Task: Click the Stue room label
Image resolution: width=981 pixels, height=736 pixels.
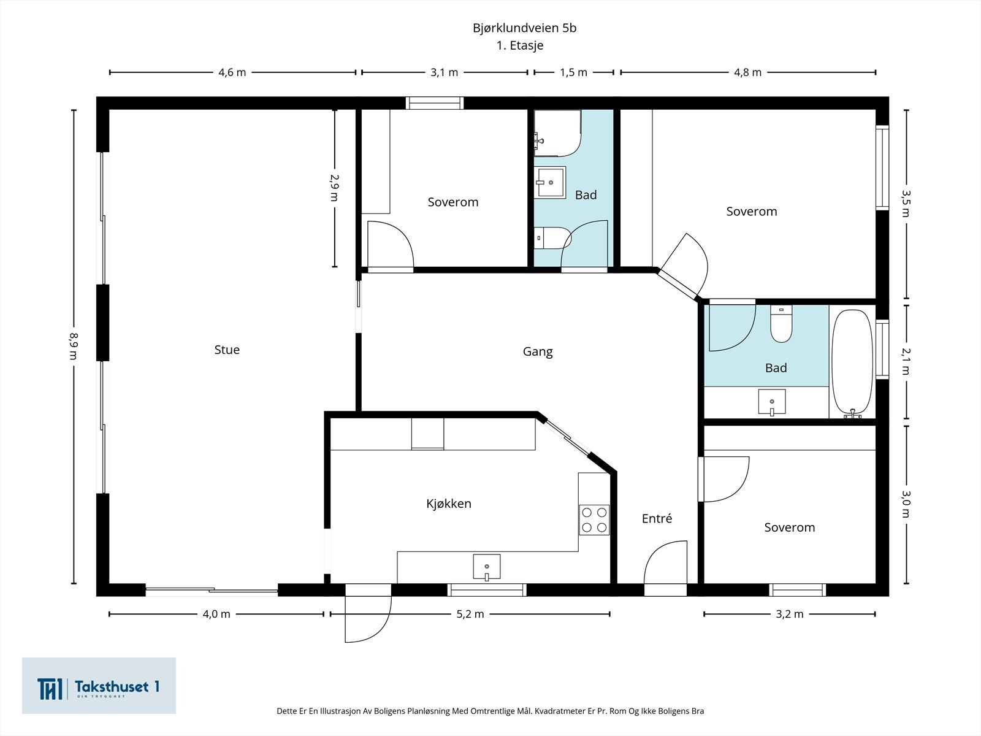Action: (227, 350)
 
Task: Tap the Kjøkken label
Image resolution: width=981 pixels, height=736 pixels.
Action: (449, 504)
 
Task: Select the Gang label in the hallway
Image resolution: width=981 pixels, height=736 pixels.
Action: (538, 352)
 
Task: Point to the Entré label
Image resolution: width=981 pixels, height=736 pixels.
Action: (657, 518)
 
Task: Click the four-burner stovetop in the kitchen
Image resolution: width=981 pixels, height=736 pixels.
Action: (594, 519)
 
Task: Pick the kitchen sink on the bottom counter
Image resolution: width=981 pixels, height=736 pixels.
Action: (487, 567)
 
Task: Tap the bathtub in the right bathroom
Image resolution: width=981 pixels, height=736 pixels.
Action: (852, 364)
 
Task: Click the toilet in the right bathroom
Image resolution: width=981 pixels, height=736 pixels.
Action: (781, 324)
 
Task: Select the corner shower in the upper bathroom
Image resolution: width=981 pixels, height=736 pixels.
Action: (558, 133)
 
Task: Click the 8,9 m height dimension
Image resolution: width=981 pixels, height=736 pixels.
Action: (73, 347)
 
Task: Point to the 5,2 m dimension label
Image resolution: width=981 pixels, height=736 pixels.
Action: (470, 614)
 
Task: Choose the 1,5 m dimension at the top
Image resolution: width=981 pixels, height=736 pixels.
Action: (573, 72)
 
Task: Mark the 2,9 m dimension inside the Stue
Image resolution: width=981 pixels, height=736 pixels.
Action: (334, 188)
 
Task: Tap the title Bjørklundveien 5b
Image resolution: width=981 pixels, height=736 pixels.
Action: (525, 28)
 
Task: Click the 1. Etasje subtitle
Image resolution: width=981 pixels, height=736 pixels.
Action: (520, 45)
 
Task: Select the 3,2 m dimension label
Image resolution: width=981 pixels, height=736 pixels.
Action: (790, 614)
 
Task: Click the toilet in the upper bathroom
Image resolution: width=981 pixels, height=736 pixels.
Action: (552, 238)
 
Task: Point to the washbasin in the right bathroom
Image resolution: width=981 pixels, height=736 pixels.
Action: (772, 402)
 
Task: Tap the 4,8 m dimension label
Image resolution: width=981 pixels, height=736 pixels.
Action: (747, 72)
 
